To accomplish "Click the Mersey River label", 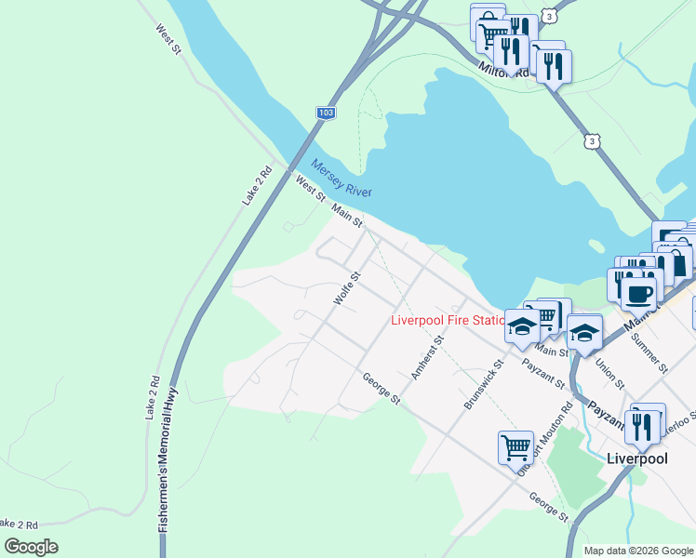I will click(x=341, y=178).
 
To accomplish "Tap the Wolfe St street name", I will click(x=346, y=288).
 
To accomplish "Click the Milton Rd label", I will click(x=503, y=71).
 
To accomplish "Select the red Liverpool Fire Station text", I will click(x=448, y=321).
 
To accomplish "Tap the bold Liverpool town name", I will click(x=638, y=458).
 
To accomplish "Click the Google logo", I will click(x=31, y=546).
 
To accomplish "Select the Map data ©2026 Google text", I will click(x=638, y=551).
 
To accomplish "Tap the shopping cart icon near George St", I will click(x=515, y=446).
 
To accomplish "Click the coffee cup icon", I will click(x=638, y=293).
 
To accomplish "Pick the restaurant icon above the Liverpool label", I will click(x=641, y=423).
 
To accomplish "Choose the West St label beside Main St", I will click(x=311, y=190).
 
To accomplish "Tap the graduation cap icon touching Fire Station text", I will click(x=522, y=326).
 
